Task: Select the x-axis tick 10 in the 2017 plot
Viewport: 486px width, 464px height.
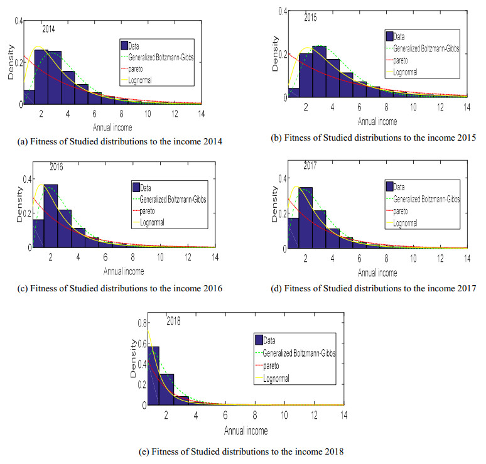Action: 414,257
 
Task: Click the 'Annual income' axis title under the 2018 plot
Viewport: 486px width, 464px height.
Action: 246,431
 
